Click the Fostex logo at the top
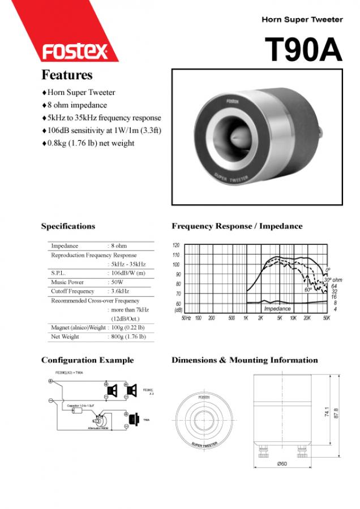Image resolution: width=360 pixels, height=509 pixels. [x=74, y=52]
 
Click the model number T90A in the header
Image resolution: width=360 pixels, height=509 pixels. [x=304, y=50]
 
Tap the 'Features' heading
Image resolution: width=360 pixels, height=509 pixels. [x=67, y=75]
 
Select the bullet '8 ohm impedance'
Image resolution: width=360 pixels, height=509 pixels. [x=77, y=105]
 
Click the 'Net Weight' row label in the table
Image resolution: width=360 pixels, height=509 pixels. [x=65, y=337]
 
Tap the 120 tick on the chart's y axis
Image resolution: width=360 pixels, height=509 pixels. [x=175, y=245]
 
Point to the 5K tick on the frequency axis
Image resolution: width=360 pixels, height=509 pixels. [x=280, y=318]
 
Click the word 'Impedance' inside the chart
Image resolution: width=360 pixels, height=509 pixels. [x=277, y=309]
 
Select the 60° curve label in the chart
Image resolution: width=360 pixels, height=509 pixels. [x=308, y=290]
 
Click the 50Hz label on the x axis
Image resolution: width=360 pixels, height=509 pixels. [x=186, y=318]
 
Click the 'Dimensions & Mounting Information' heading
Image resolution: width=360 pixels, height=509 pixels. [x=245, y=360]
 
